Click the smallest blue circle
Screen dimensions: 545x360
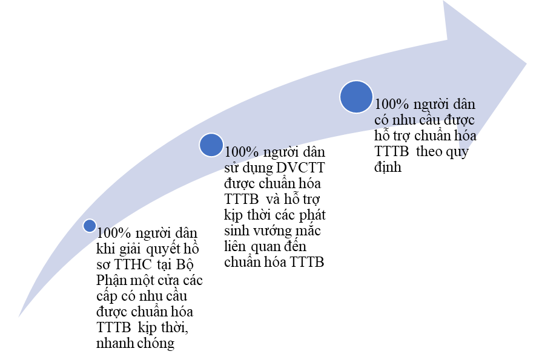tap(90, 226)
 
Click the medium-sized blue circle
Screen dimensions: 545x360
tap(211, 145)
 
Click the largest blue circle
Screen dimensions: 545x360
tap(356, 97)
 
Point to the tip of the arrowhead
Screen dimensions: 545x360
tap(527, 64)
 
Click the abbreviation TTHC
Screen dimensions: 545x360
tap(133, 264)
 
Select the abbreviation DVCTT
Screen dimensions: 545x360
tap(300, 168)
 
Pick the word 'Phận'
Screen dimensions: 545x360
tap(111, 281)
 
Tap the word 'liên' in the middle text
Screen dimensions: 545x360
tap(235, 246)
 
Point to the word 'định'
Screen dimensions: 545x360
tap(388, 168)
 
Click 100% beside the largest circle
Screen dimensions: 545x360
tap(391, 104)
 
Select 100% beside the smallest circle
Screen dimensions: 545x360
tap(113, 233)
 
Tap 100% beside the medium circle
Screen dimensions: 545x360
tap(242, 152)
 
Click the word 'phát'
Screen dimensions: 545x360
tap(312, 215)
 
